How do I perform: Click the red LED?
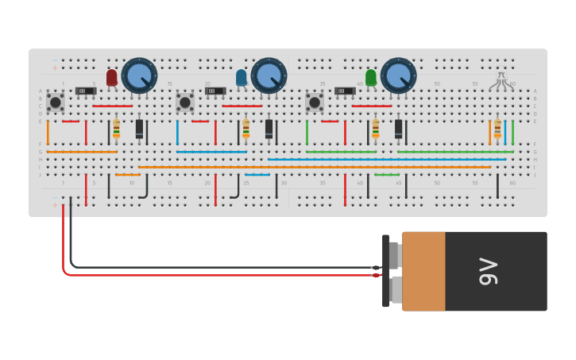tap(111, 77)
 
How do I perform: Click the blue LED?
tap(242, 77)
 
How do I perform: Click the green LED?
tap(371, 77)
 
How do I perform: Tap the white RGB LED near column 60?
tap(501, 80)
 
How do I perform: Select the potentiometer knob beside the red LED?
tap(139, 75)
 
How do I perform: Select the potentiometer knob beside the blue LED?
tap(269, 75)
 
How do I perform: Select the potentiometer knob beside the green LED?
tap(398, 75)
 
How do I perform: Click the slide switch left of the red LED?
tap(86, 91)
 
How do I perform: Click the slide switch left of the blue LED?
tap(215, 91)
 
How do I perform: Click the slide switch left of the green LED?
tap(345, 91)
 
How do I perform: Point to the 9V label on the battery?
tap(488, 272)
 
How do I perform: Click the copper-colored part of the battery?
tap(423, 272)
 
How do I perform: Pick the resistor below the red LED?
tap(117, 129)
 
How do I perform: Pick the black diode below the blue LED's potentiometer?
tap(269, 129)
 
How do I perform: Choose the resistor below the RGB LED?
tap(498, 129)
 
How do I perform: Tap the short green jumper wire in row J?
tap(387, 175)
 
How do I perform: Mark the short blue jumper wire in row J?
tap(257, 175)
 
